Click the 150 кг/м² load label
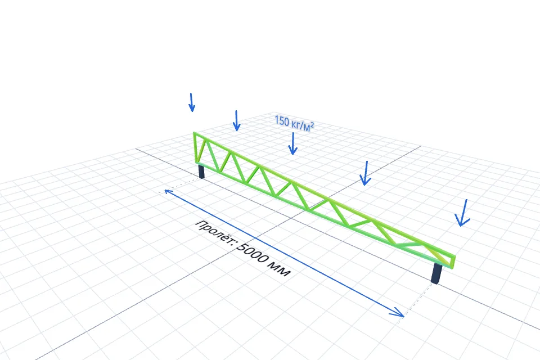point(294,124)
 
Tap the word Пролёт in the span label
point(215,233)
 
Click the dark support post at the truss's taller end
point(201,172)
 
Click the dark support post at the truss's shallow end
point(436,274)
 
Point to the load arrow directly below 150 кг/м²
point(292,143)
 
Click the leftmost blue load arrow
point(191,102)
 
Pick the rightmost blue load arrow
point(463,213)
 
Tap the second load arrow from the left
point(236,120)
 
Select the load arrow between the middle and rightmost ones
point(366,173)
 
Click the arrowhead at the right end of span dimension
point(398,312)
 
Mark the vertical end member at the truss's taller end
point(195,147)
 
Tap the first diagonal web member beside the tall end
point(201,150)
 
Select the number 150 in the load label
point(282,121)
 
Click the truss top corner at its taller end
point(194,133)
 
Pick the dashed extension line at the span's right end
point(417,301)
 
